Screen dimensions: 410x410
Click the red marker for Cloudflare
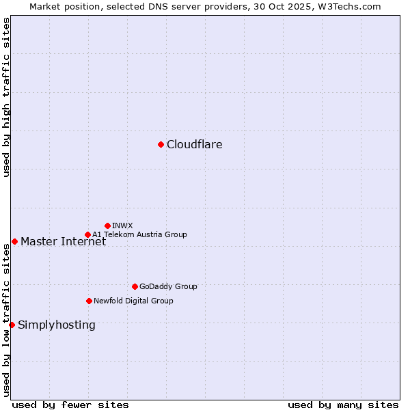coord(161,144)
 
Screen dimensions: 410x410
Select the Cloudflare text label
coord(194,144)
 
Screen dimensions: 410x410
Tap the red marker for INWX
coord(107,225)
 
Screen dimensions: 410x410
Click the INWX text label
coord(122,225)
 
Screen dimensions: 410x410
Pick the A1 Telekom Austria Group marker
coord(87,234)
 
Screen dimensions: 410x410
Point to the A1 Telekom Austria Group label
coord(139,234)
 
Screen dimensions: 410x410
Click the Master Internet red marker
coord(14,241)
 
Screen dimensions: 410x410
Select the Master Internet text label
coord(63,241)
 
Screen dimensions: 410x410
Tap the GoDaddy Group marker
coord(135,286)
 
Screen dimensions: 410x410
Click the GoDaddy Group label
coord(167,286)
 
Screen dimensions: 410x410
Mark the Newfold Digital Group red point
coord(89,301)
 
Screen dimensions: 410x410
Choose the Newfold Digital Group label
coord(133,301)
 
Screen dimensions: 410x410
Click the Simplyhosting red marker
coord(12,325)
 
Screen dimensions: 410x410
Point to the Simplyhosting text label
coord(56,325)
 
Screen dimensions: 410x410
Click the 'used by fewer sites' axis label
coord(70,405)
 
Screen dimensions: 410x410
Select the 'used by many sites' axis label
coord(343,405)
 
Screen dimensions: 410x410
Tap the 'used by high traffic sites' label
coord(6,97)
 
